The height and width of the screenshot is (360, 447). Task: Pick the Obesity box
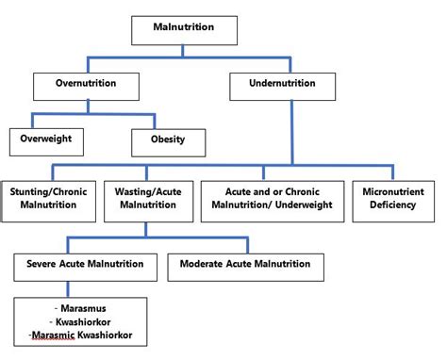click(167, 141)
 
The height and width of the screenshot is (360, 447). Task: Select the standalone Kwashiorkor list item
click(85, 321)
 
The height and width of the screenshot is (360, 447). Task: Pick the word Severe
click(41, 265)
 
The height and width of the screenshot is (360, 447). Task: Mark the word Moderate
click(205, 265)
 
